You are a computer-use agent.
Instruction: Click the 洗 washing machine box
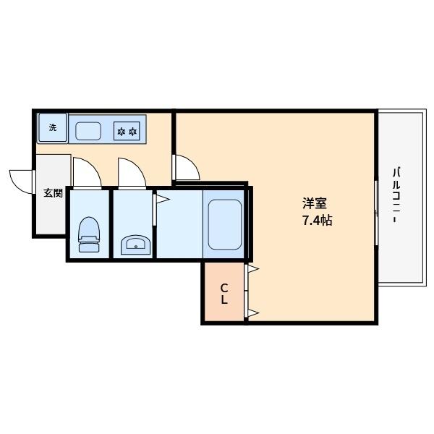point(52,128)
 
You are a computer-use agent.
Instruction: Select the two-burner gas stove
point(127,132)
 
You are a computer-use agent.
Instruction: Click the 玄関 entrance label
point(52,193)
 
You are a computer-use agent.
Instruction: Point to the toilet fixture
point(90,234)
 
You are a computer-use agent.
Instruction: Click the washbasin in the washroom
point(135,245)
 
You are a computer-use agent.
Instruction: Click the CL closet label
point(224,294)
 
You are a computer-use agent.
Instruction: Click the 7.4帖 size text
point(317,221)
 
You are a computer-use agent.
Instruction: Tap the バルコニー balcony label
point(396,195)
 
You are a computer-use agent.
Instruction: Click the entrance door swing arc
point(20,181)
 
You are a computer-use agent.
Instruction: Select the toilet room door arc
point(85,172)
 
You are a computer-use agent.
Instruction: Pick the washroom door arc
point(131,172)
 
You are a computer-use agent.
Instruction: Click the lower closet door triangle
point(253,312)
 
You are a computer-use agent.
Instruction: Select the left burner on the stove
point(122,132)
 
